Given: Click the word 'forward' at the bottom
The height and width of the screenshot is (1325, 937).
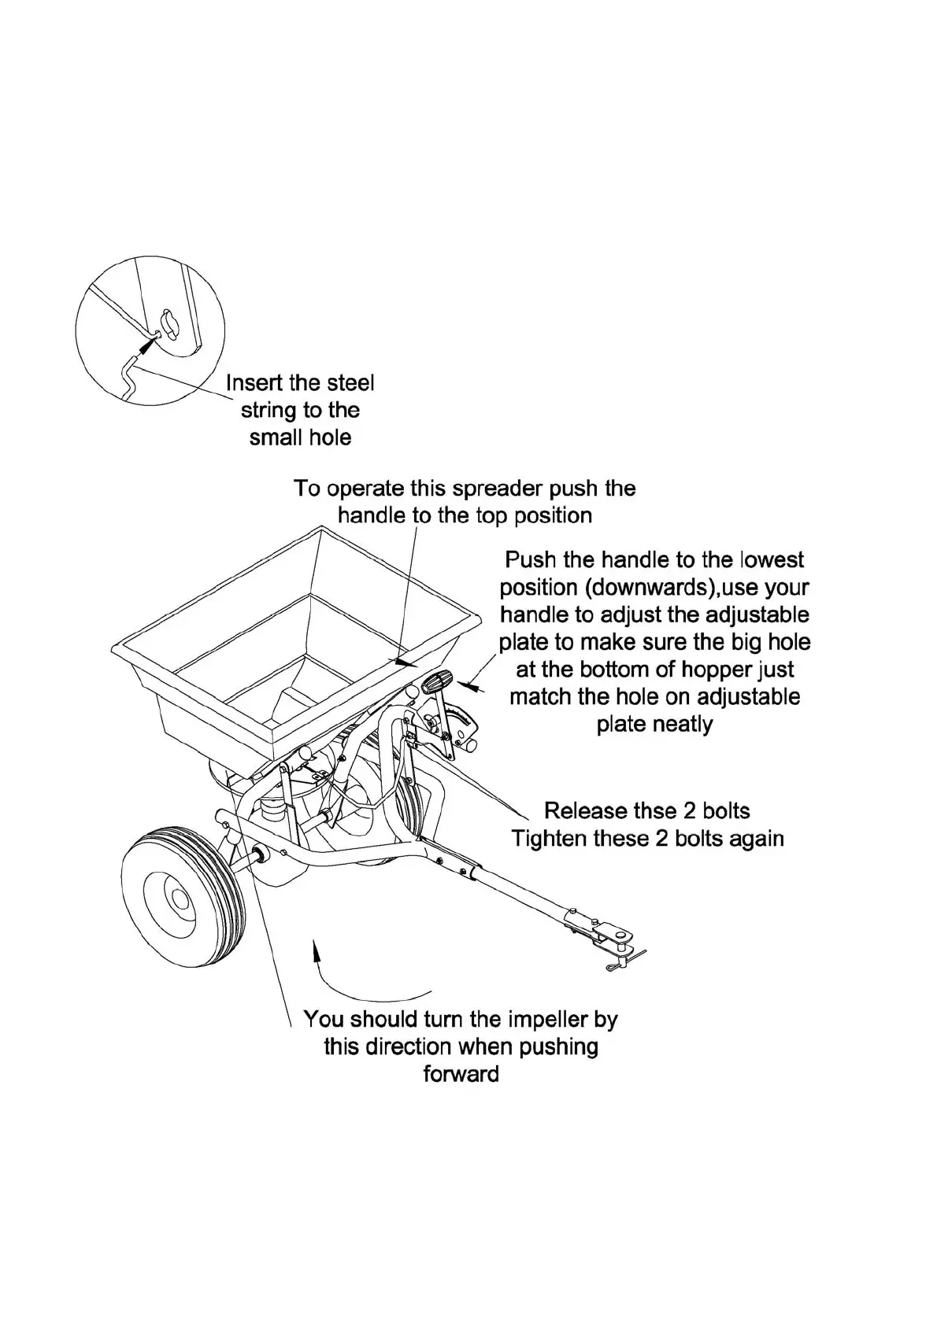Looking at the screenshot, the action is pyautogui.click(x=461, y=1074).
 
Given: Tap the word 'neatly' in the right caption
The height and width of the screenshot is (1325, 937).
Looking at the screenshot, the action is pyautogui.click(x=654, y=724).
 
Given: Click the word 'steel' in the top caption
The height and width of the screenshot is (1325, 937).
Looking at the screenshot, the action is pyautogui.click(x=348, y=383).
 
